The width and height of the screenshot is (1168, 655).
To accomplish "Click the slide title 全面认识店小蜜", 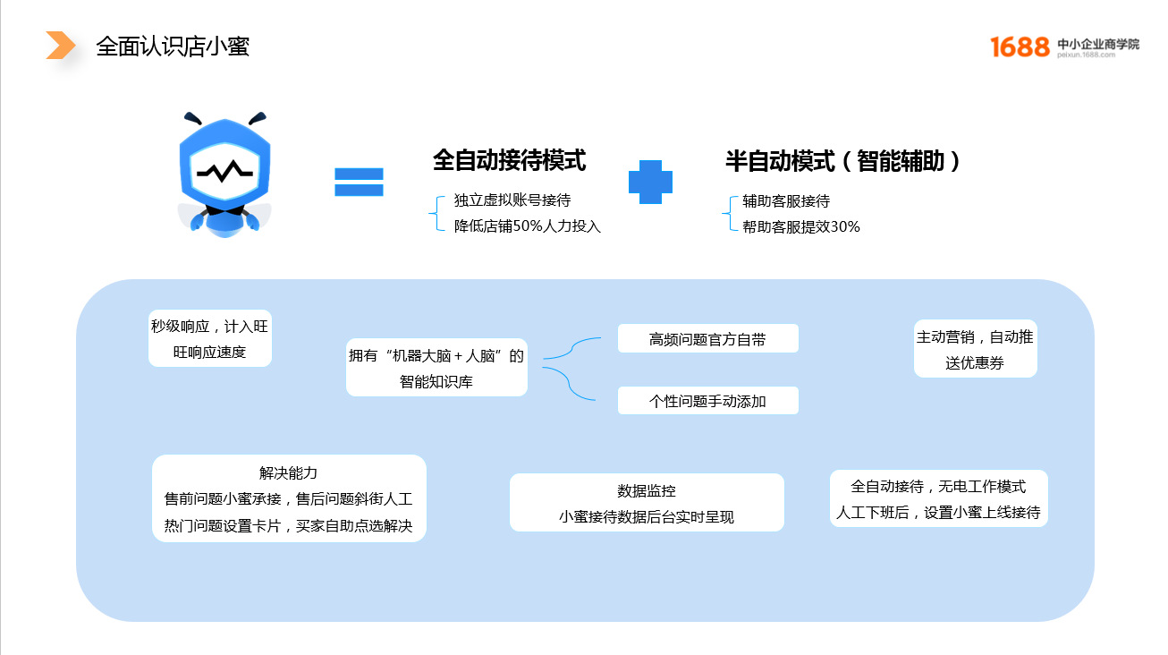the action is (x=173, y=46).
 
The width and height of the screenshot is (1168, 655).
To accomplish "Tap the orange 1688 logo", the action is (x=1020, y=47).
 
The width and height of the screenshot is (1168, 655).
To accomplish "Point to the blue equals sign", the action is (x=359, y=182).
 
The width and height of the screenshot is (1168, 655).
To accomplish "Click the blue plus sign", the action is (x=650, y=182).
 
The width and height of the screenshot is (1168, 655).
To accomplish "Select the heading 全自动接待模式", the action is (x=510, y=159).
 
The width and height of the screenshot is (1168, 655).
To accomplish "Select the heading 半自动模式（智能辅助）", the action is (x=842, y=161).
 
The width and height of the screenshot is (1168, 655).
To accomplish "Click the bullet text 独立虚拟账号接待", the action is (x=512, y=200).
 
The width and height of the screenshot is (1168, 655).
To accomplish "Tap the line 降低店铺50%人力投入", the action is (x=527, y=226).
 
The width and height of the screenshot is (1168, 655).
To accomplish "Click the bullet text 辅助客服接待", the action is (x=786, y=201).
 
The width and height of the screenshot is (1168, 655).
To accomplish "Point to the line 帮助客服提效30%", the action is (x=801, y=226).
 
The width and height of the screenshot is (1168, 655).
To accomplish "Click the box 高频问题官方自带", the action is (x=708, y=338).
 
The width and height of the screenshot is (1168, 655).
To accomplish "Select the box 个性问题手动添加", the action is (x=708, y=400).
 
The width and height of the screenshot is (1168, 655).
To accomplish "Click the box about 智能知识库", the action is (x=436, y=368).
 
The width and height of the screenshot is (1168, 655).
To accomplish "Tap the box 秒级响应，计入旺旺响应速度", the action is (x=209, y=338).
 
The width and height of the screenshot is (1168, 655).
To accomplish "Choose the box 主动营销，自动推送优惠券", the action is (x=975, y=349).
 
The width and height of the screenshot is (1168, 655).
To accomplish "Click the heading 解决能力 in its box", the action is (x=288, y=472).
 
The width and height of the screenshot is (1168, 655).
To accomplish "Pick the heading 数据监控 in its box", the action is (x=647, y=490).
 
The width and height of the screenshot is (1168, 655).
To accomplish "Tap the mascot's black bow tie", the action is (x=224, y=211).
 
